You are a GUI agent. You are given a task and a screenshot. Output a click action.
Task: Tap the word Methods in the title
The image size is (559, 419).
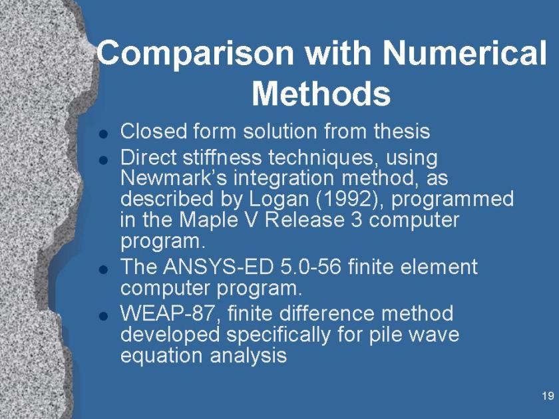click(x=321, y=93)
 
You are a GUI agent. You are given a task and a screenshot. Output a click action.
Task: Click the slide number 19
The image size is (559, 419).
click(x=548, y=396)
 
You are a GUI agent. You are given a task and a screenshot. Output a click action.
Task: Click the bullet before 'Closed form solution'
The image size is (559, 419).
click(x=103, y=134)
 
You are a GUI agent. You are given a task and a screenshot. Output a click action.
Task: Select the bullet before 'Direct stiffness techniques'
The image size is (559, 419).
click(x=103, y=160)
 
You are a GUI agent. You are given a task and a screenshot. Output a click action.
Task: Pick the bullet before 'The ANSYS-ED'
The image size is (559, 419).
click(x=103, y=269)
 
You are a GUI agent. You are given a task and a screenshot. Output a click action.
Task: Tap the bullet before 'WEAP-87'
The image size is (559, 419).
click(x=103, y=316)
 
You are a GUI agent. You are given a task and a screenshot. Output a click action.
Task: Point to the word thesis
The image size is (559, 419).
click(x=402, y=131)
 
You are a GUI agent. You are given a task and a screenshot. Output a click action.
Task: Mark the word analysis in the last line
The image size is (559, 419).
click(x=248, y=356)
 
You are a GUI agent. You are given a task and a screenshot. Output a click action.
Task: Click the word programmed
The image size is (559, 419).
click(x=453, y=200)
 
